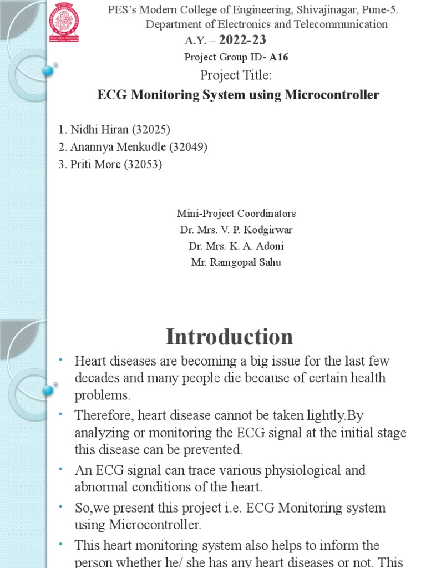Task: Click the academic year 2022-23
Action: pyautogui.click(x=242, y=40)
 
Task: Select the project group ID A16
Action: pyautogui.click(x=278, y=57)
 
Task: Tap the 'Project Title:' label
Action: pyautogui.click(x=236, y=75)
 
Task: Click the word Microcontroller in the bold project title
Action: pyautogui.click(x=332, y=95)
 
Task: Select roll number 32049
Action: pyautogui.click(x=188, y=147)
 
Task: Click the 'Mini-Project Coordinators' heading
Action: pyautogui.click(x=236, y=214)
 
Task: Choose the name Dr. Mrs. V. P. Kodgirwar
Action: pyautogui.click(x=236, y=230)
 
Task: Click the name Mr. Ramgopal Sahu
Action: pyautogui.click(x=236, y=262)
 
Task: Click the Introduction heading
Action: pyautogui.click(x=229, y=337)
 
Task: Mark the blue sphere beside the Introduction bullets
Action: pyautogui.click(x=48, y=390)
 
